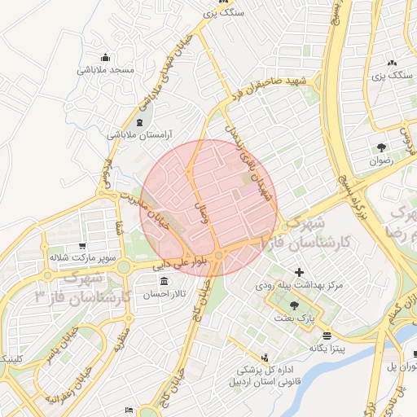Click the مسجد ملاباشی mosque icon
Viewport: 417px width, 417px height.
(x=105, y=57)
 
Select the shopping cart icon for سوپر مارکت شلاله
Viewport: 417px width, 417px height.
(x=81, y=245)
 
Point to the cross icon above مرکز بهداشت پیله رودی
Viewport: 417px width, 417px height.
(x=299, y=272)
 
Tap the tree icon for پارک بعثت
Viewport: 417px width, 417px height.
(x=294, y=305)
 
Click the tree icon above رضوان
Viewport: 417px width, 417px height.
(x=381, y=147)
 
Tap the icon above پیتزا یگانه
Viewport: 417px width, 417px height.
(x=327, y=336)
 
